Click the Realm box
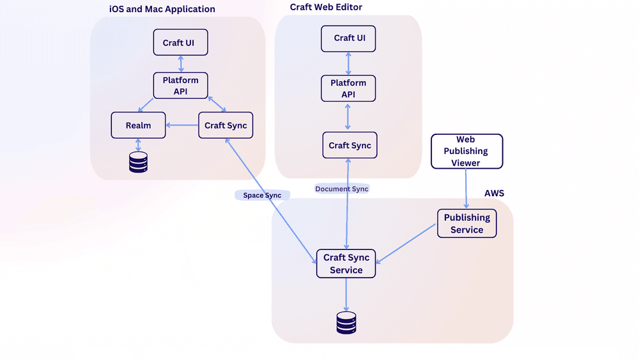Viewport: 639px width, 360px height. pos(138,125)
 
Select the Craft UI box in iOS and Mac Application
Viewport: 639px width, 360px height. pos(181,42)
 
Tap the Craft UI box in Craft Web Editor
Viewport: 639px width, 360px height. pos(348,39)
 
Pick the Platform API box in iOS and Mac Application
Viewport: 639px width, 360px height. pos(181,86)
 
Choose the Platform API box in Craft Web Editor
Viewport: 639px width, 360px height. pos(348,88)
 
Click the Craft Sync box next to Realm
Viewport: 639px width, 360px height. pos(226,125)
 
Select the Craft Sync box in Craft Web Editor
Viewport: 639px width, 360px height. pos(350,145)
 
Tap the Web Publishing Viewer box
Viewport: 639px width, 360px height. pos(467,152)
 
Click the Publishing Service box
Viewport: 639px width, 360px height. pos(467,223)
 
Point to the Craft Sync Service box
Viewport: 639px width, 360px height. pos(346,264)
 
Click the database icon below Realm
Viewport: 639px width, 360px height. pos(138,162)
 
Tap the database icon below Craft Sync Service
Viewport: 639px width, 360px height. pos(346,323)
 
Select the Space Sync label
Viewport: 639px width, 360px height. pos(262,195)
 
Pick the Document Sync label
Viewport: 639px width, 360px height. pos(342,189)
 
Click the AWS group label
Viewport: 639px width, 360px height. pos(495,193)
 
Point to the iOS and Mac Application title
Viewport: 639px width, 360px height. pos(162,9)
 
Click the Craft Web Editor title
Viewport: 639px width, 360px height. pos(326,7)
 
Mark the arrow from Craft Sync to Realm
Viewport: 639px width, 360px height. pos(182,125)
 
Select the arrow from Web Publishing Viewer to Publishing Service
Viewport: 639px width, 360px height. pos(466,189)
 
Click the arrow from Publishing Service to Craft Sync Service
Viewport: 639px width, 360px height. pos(406,244)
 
